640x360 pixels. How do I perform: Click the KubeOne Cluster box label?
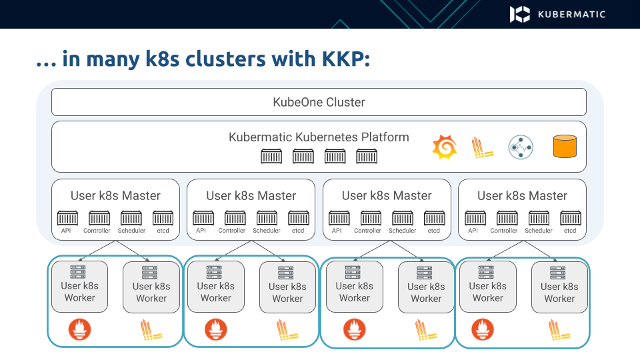[319, 102]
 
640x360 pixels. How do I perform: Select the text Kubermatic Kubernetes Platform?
[319, 137]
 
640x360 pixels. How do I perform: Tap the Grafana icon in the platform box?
[444, 147]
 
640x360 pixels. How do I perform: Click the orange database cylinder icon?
[564, 147]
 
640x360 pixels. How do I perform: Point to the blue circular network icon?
[520, 147]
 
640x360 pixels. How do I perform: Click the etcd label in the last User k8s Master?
[570, 231]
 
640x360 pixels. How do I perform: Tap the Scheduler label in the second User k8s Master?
[267, 231]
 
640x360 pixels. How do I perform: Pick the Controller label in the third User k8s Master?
[367, 231]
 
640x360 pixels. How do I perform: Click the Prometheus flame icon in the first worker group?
[80, 329]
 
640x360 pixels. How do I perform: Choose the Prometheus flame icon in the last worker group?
[483, 329]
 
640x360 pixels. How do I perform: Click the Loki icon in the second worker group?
[287, 329]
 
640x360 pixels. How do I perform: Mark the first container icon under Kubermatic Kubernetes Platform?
[271, 157]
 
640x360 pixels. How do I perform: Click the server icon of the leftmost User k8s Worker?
[78, 271]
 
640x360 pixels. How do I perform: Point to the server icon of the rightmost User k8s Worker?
[558, 272]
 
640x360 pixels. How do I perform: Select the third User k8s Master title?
[387, 196]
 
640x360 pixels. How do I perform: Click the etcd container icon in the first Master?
[163, 218]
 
